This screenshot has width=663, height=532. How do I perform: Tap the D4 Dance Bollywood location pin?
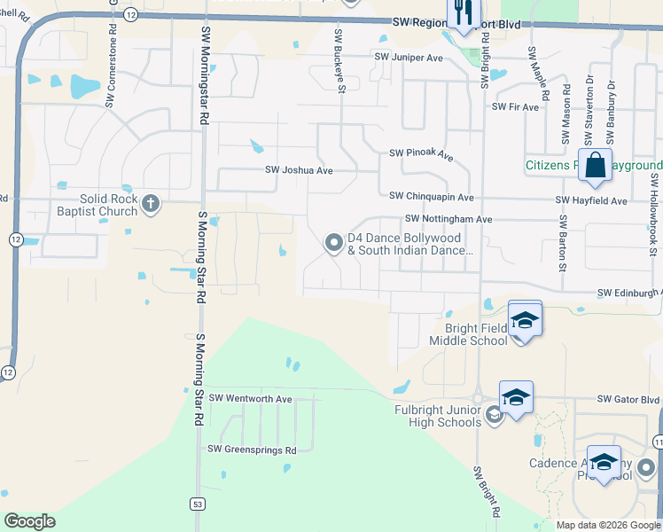tap(334, 242)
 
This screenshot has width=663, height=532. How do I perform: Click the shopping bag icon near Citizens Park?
tap(595, 165)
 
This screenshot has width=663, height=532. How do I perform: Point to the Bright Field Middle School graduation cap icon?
tap(525, 321)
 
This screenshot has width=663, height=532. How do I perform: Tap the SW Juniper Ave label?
tap(408, 58)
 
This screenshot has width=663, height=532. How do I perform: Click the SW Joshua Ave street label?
tap(299, 169)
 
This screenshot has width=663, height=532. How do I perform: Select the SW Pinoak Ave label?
tap(421, 155)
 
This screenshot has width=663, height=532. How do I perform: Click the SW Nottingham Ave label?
tap(448, 218)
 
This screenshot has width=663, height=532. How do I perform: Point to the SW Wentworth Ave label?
tap(250, 399)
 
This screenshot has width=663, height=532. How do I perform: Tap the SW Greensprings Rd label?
tap(252, 450)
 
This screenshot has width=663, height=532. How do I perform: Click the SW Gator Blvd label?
tap(628, 399)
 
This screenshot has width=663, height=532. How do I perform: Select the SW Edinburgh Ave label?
tap(629, 293)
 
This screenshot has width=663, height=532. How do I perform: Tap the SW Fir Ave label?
tap(519, 107)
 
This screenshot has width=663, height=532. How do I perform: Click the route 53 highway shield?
tap(196, 504)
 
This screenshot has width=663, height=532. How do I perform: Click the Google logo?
tap(29, 521)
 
